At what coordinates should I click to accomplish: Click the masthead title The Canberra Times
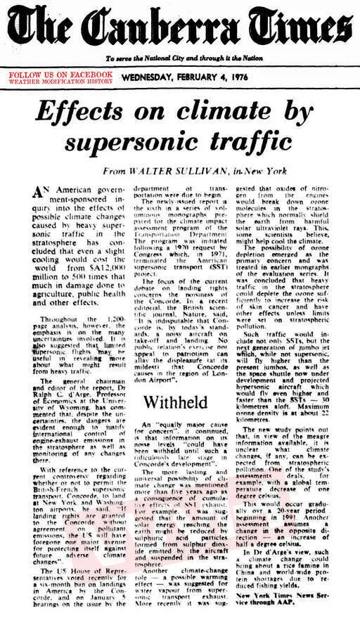(179, 29)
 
